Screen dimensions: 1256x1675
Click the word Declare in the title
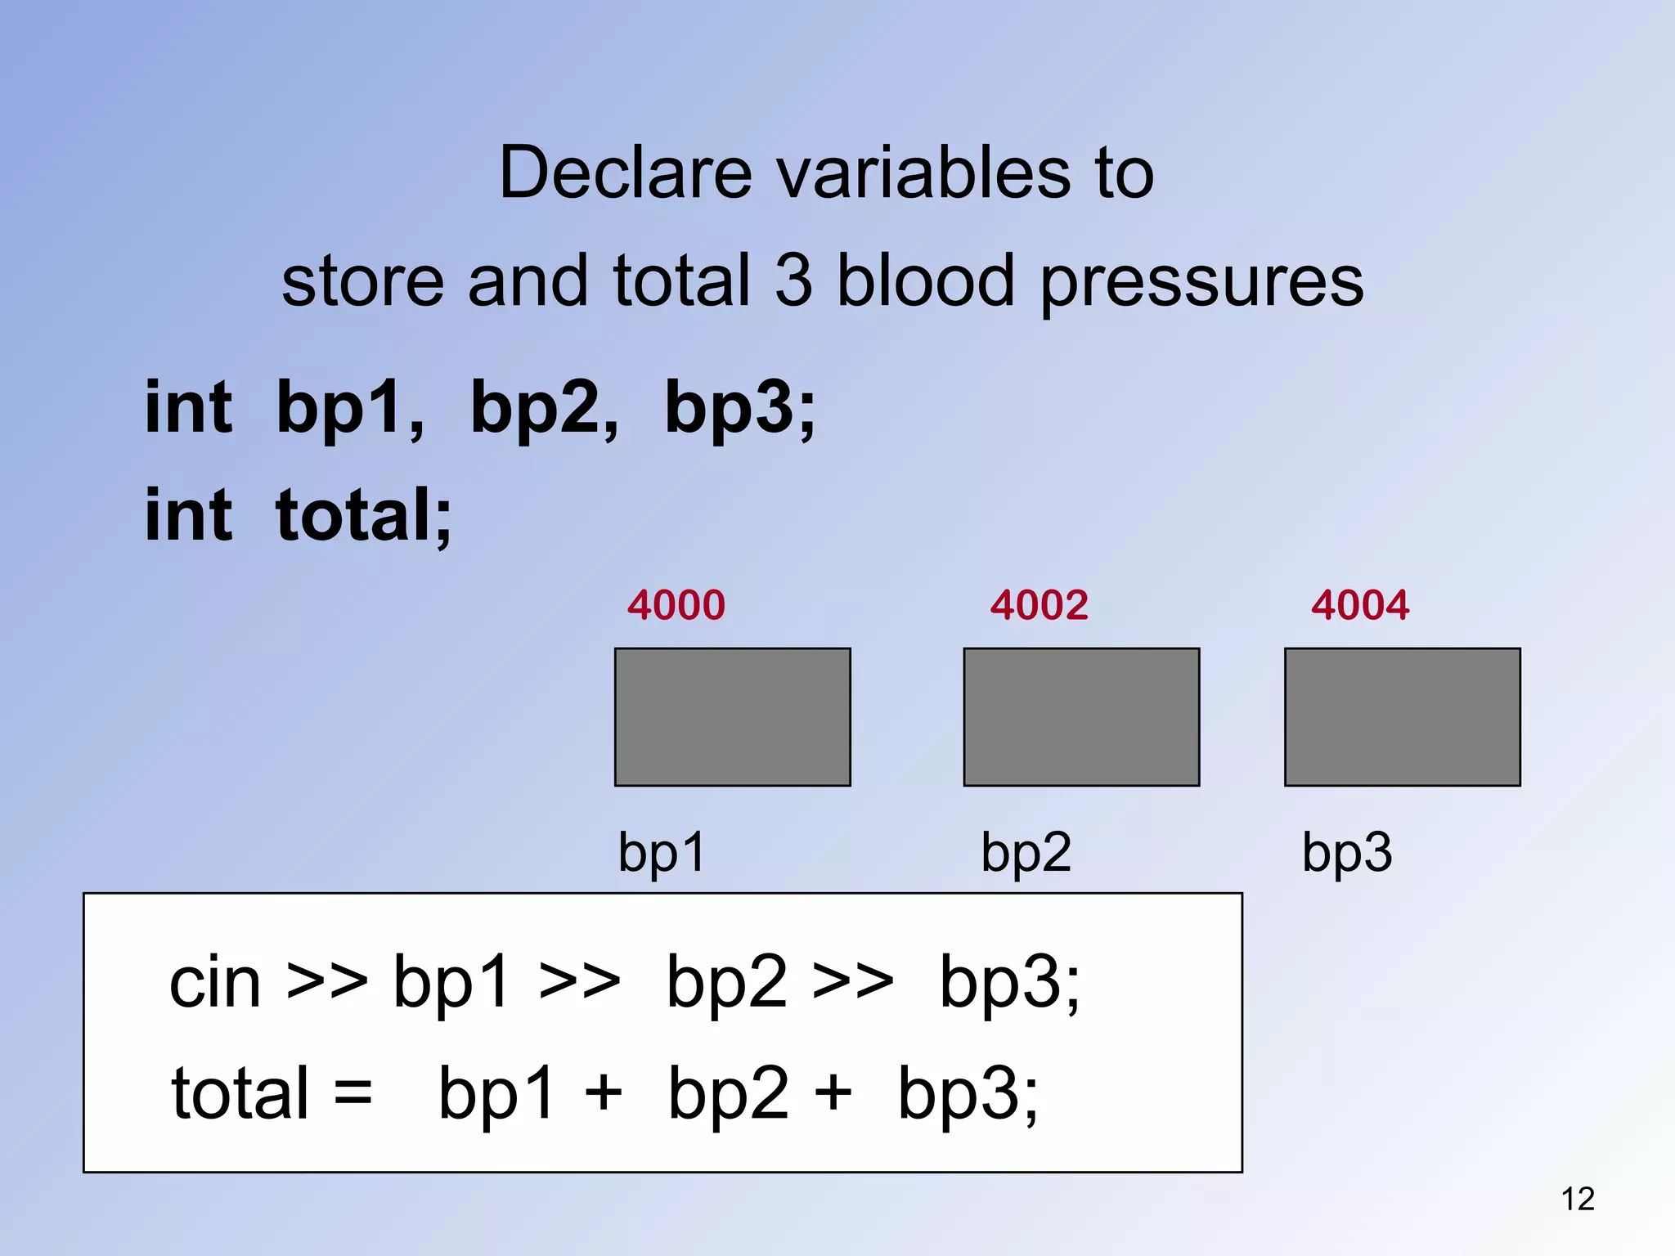pyautogui.click(x=625, y=173)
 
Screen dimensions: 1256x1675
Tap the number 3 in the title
pyautogui.click(x=793, y=280)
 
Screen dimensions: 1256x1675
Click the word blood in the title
pyautogui.click(x=926, y=280)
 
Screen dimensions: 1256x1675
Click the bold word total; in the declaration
pyautogui.click(x=364, y=515)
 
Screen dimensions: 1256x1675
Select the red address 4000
pyautogui.click(x=676, y=605)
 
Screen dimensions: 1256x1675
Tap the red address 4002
pyautogui.click(x=1039, y=605)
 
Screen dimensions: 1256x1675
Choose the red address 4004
pyautogui.click(x=1360, y=605)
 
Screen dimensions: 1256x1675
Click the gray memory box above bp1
pyautogui.click(x=732, y=717)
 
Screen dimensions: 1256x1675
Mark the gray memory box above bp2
pyautogui.click(x=1081, y=717)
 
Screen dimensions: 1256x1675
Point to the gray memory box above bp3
pyautogui.click(x=1402, y=717)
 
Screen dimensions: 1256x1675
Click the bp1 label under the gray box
pyautogui.click(x=662, y=853)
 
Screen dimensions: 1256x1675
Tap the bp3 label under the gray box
pyautogui.click(x=1346, y=853)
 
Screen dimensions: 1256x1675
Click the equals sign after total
pyautogui.click(x=353, y=1093)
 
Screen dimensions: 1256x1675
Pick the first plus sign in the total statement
pyautogui.click(x=604, y=1093)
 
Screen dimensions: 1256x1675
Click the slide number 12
pyautogui.click(x=1578, y=1199)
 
